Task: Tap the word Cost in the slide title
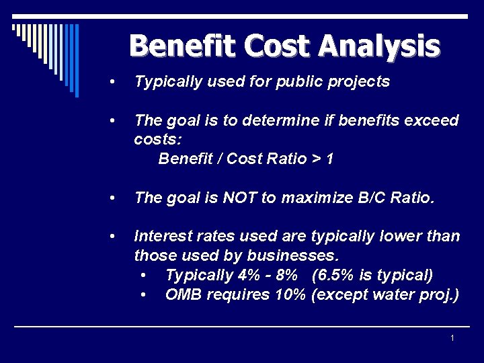point(279,46)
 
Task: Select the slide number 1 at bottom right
point(452,337)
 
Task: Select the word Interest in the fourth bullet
point(162,237)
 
